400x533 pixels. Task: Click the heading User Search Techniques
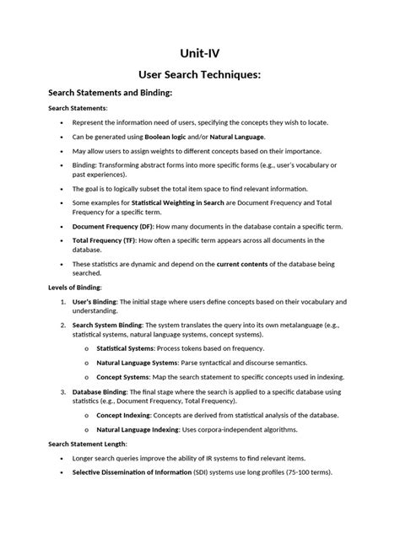[x=199, y=76]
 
